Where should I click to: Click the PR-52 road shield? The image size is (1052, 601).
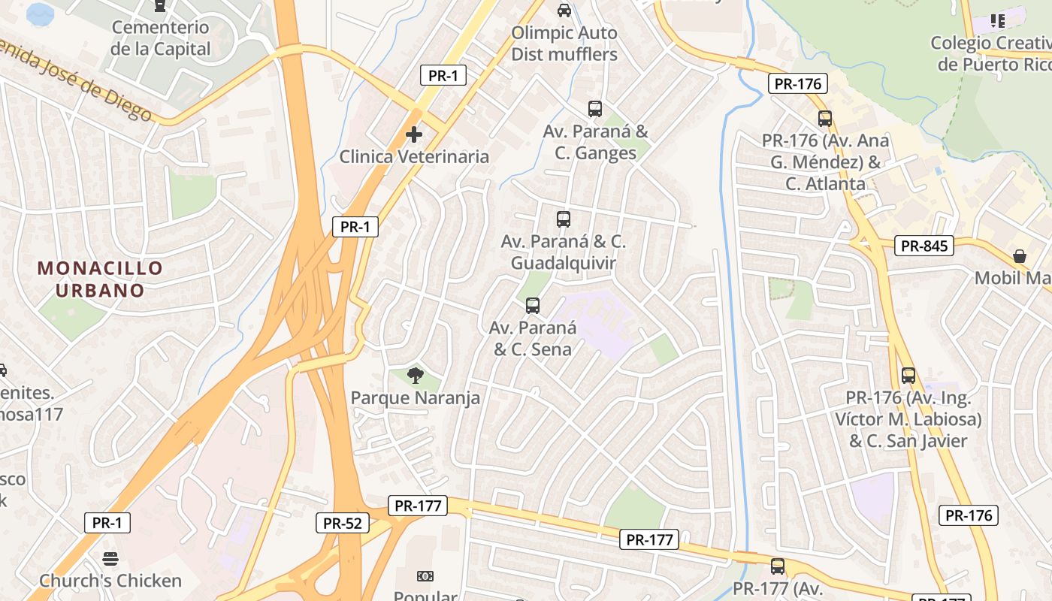tap(343, 523)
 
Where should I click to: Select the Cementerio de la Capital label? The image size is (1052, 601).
tap(160, 38)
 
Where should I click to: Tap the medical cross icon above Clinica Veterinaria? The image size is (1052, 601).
tap(413, 134)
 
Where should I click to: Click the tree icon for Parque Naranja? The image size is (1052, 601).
tap(414, 375)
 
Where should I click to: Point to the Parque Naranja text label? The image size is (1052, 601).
tap(415, 397)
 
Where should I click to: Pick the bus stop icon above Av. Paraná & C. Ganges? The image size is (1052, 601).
tap(595, 109)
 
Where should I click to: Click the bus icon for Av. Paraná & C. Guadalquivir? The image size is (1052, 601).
tap(564, 219)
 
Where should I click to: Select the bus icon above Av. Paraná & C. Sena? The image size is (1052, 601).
tap(533, 306)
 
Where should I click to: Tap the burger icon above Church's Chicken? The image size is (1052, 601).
tap(110, 559)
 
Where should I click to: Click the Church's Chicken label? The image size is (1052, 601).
tap(110, 581)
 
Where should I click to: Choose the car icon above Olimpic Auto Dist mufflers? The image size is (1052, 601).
tap(564, 11)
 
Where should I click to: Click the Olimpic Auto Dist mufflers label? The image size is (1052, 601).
tap(564, 44)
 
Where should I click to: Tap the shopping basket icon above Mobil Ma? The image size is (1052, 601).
tap(1020, 256)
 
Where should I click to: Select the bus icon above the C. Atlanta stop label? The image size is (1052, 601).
tap(825, 119)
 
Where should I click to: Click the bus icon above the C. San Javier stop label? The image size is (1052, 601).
tap(908, 376)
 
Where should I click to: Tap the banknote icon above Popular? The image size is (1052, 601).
tap(425, 576)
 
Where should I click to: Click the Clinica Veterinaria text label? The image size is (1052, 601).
tap(414, 156)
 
